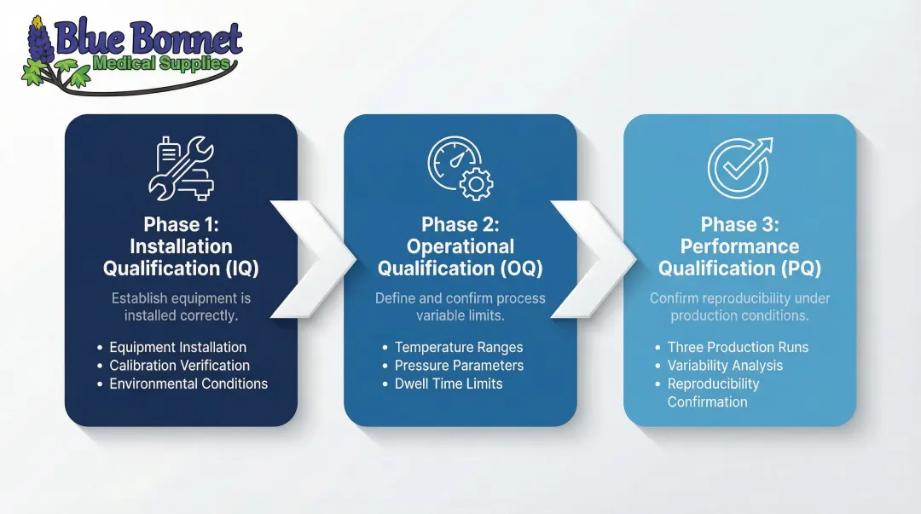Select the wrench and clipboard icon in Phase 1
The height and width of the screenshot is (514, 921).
click(181, 168)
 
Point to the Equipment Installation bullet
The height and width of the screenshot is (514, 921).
click(177, 347)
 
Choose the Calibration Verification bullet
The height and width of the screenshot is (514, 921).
click(179, 366)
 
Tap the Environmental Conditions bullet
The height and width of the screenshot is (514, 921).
click(188, 384)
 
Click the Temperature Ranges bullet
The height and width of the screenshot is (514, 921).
click(459, 347)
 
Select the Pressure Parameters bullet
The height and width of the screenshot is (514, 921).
click(459, 366)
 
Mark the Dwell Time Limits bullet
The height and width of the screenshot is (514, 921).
click(449, 384)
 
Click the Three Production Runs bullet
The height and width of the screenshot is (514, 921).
click(738, 347)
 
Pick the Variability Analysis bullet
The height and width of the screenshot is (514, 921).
click(725, 366)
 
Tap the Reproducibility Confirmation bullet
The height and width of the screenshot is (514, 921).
click(713, 392)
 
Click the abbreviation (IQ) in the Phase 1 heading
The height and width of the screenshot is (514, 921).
click(240, 269)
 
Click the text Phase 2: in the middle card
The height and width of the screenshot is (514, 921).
click(460, 224)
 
